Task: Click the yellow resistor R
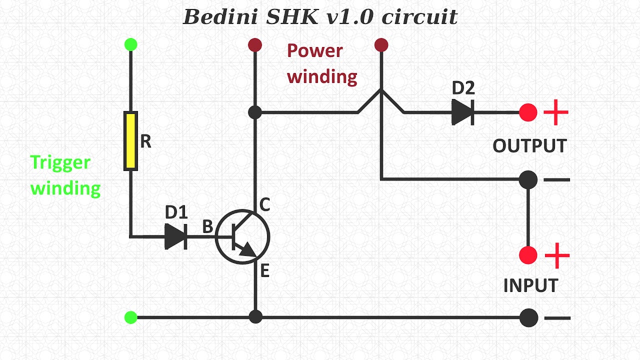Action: (130, 141)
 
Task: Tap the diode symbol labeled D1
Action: (175, 236)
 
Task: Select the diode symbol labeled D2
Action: (462, 112)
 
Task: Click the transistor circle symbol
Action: (242, 236)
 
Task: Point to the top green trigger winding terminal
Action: (130, 44)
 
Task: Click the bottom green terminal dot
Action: (130, 317)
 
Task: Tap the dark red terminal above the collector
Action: (255, 45)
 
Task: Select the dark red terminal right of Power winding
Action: (381, 45)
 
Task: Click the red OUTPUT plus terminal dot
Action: (528, 112)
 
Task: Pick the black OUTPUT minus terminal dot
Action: (528, 179)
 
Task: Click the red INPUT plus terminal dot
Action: (528, 255)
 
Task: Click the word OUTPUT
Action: (529, 146)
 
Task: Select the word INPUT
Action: (530, 285)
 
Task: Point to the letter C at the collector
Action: (264, 204)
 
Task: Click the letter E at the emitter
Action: (264, 271)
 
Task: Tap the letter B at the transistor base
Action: (207, 227)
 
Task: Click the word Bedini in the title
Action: (220, 17)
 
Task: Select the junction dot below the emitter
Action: (255, 317)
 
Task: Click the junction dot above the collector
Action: (255, 112)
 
